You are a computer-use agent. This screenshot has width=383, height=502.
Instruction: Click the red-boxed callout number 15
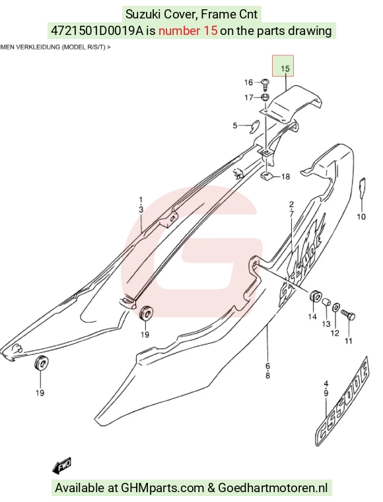(285, 69)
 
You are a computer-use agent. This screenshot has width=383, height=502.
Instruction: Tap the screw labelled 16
(265, 84)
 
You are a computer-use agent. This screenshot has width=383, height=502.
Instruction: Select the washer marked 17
(265, 97)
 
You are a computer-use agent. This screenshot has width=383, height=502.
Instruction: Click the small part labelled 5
(255, 126)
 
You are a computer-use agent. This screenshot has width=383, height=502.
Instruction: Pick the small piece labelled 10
(362, 187)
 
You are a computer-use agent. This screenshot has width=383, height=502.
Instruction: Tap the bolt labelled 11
(349, 315)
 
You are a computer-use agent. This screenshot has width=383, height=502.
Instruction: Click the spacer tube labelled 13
(326, 302)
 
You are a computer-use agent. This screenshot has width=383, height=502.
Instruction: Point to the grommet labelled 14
(315, 296)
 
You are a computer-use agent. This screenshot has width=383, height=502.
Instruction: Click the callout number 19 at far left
(40, 392)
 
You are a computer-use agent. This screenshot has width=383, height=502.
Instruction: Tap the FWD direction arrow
(61, 466)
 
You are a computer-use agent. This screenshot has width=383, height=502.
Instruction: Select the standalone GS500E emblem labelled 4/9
(343, 401)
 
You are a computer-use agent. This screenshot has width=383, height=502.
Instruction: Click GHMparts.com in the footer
(162, 488)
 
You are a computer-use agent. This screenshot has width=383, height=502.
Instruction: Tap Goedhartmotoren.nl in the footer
(273, 488)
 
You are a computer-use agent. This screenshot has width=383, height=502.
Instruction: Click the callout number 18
(285, 176)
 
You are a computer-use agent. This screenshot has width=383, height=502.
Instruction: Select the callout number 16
(249, 82)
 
